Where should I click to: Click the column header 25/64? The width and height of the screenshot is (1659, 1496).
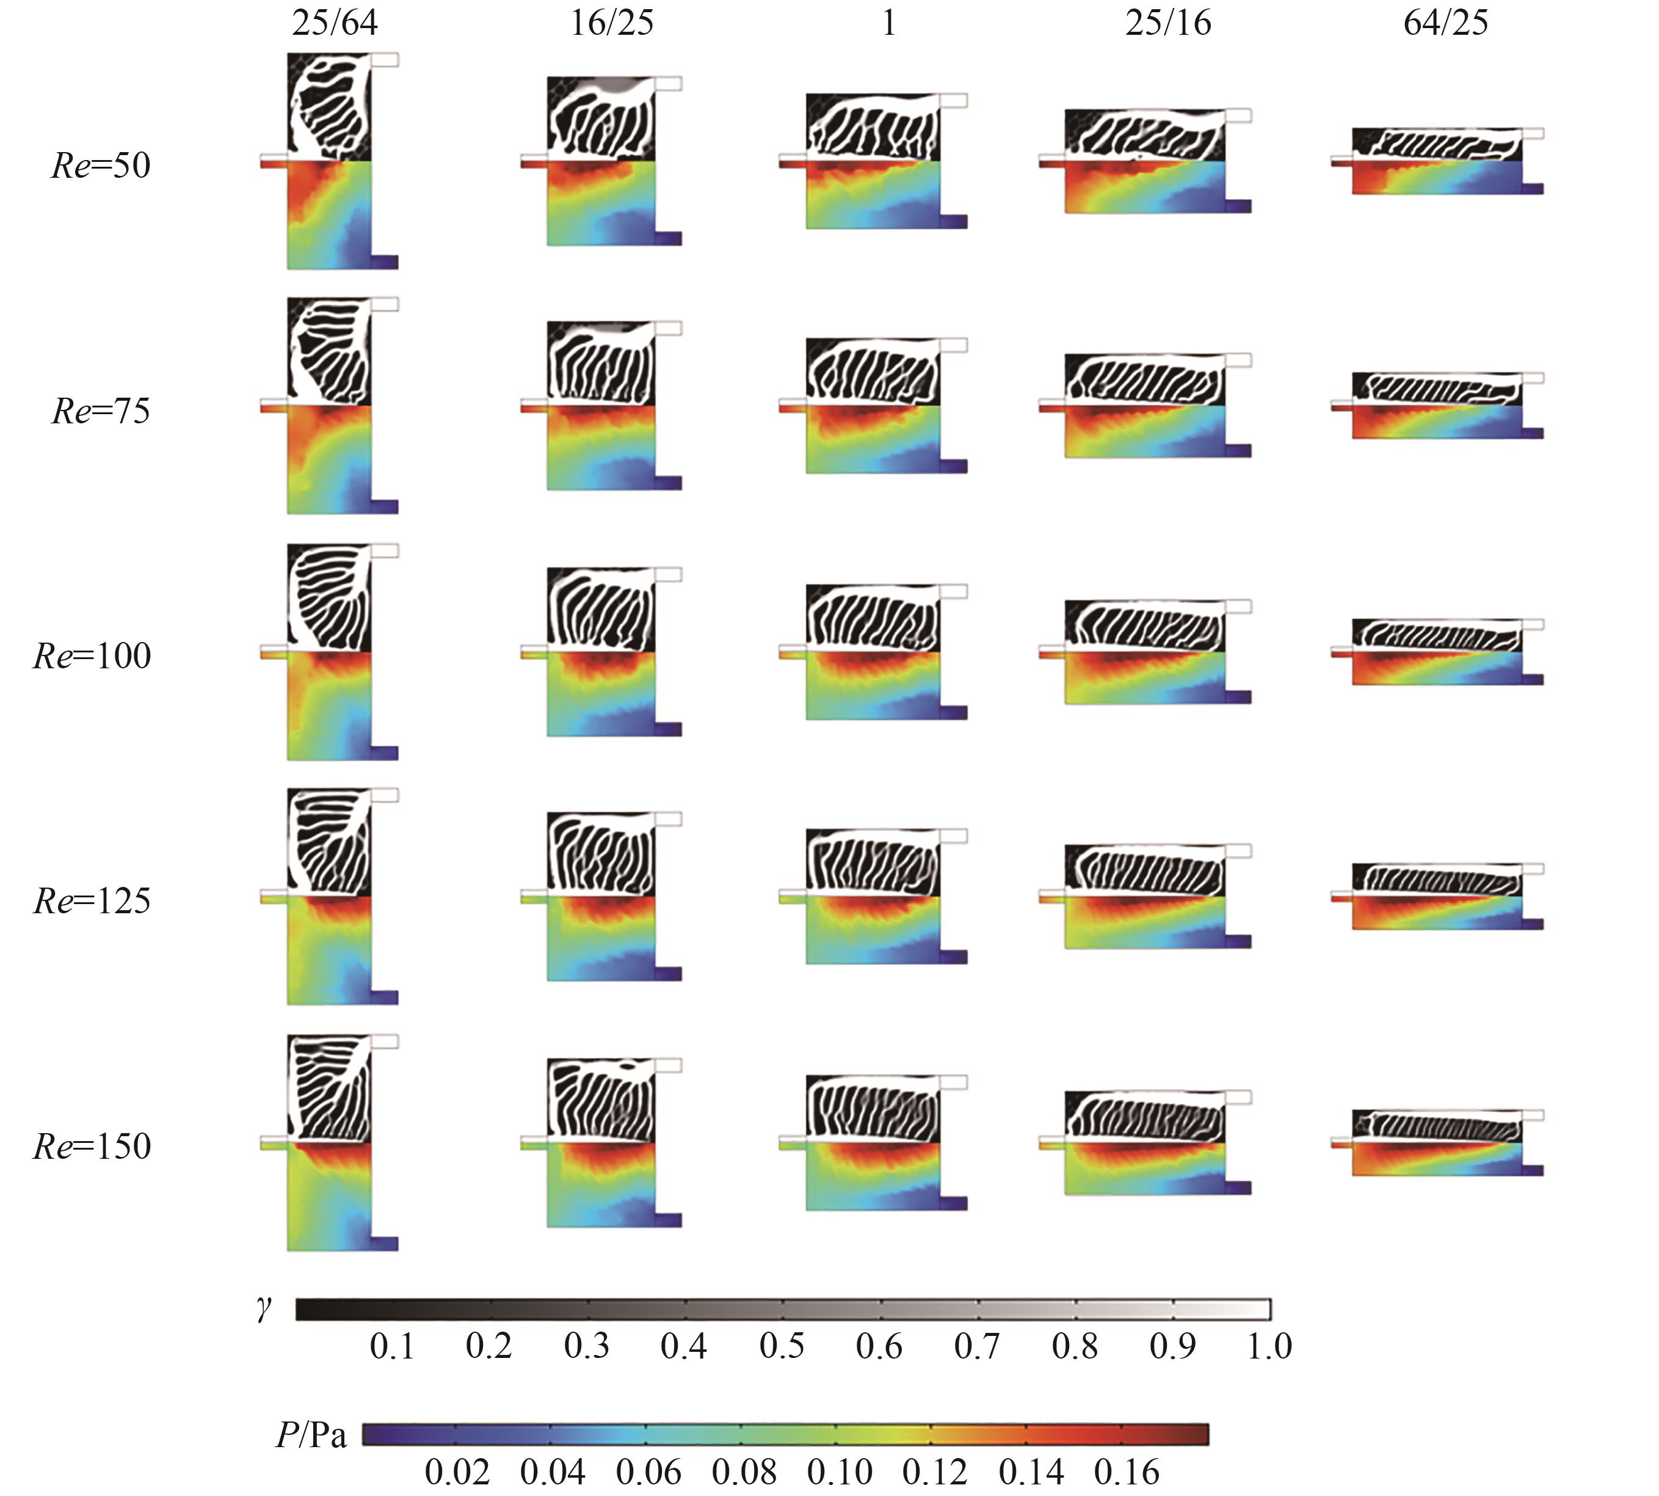(335, 23)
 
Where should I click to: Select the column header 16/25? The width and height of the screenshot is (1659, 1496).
(612, 23)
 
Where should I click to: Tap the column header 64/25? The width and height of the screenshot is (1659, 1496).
(1445, 23)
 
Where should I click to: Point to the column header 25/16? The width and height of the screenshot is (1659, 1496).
(1167, 23)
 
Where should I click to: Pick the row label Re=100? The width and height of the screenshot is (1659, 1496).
(92, 656)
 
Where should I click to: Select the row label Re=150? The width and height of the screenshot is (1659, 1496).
(92, 1146)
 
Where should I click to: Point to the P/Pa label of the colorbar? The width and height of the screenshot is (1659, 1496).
(311, 1435)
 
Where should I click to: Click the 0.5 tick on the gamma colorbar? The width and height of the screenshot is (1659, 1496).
(782, 1346)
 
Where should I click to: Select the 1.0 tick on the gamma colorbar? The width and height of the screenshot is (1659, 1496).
(1269, 1346)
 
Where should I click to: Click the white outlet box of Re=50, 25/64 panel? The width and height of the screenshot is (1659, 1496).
(385, 60)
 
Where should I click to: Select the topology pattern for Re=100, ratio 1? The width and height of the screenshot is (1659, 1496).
(873, 618)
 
